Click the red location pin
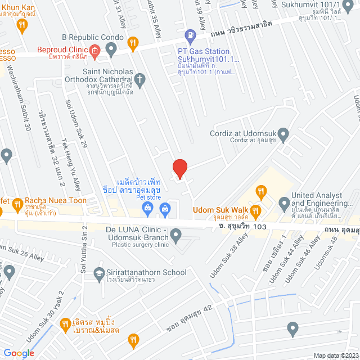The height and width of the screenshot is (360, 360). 179,169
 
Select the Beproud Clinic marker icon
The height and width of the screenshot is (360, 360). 94,51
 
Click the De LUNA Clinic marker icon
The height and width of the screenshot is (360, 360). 176,235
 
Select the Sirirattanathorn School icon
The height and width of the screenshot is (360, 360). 99,272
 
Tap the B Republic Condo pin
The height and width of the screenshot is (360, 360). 111,49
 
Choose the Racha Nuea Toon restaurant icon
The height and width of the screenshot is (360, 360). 16,201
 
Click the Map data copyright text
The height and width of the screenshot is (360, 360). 336,355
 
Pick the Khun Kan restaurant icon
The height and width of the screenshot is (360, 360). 21,24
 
